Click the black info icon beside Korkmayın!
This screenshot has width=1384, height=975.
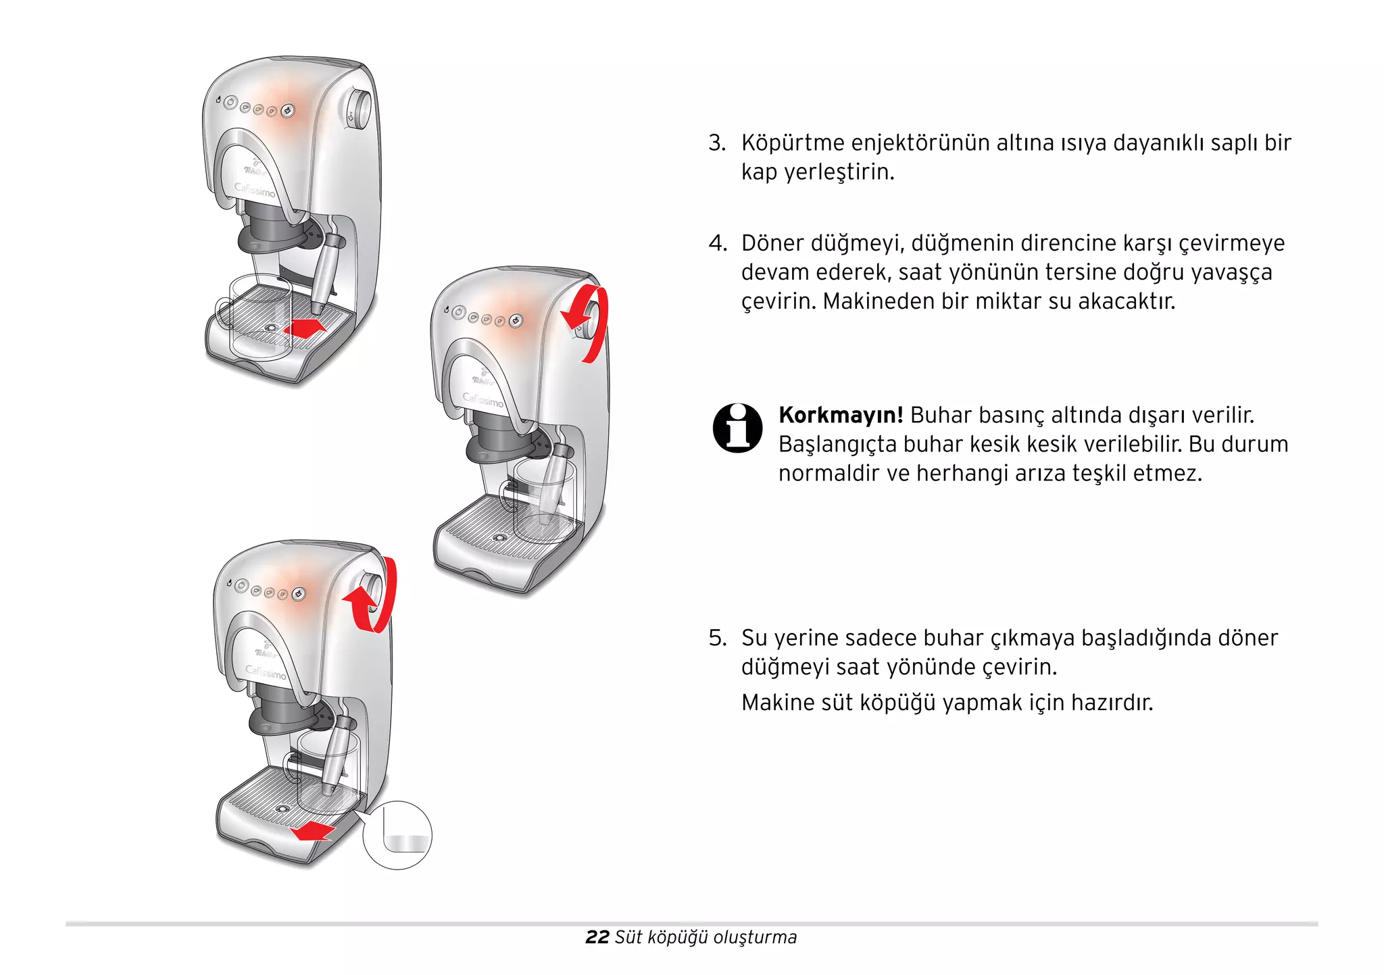click(x=737, y=428)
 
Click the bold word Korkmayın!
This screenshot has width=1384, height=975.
click(x=840, y=415)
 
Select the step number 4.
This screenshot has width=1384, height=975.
click(x=716, y=243)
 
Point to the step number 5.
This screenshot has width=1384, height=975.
click(x=716, y=638)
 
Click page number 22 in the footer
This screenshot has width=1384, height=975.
click(x=597, y=937)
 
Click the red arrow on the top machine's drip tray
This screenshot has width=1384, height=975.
click(x=305, y=328)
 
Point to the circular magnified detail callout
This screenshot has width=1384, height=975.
click(x=397, y=835)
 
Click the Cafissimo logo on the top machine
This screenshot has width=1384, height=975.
click(x=255, y=189)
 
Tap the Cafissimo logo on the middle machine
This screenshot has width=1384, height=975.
click(x=483, y=400)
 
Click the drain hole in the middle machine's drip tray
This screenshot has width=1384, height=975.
click(x=499, y=538)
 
